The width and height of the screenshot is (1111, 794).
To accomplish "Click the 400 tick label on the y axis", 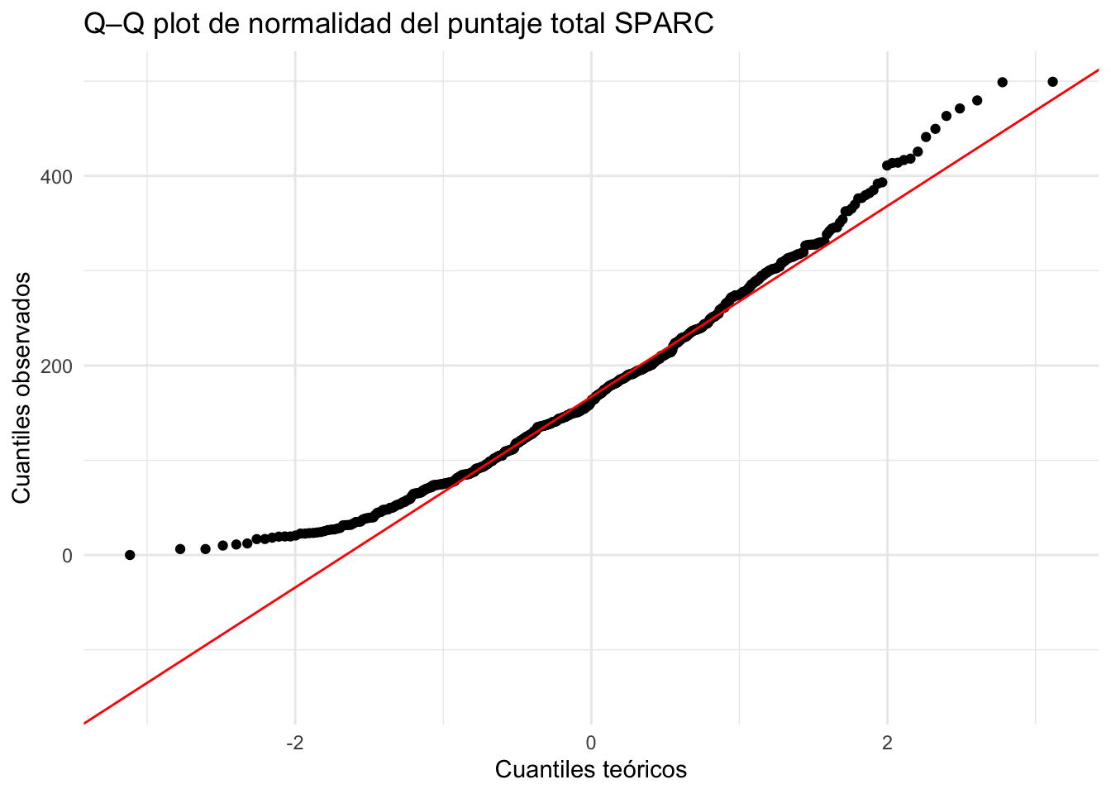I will click(56, 176).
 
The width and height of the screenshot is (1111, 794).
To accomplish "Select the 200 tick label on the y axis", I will click(56, 366).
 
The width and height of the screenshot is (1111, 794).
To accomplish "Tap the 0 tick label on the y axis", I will click(67, 555).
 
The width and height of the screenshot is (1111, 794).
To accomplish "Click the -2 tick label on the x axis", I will click(293, 743).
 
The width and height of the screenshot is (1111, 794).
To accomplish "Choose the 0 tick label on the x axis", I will click(591, 743).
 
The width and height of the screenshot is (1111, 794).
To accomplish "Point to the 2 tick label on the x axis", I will click(887, 743).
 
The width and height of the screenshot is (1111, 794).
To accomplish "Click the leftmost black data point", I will click(130, 555).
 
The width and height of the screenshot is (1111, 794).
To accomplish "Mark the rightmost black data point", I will click(1052, 82).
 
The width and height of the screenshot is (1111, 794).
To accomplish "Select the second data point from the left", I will click(180, 549).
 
